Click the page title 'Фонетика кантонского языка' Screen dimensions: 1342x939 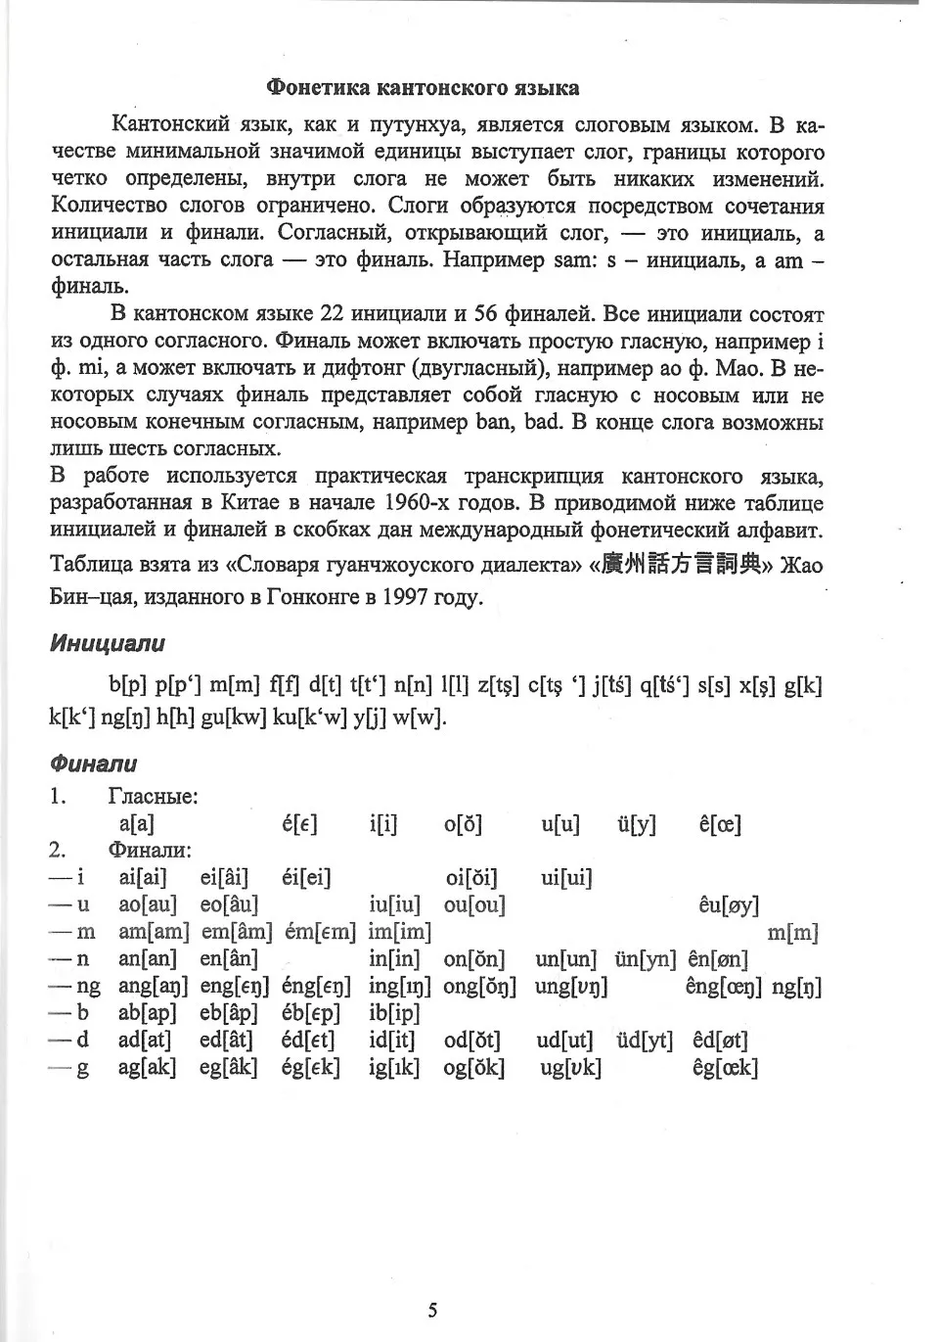coord(423,88)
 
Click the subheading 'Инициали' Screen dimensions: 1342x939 coord(107,644)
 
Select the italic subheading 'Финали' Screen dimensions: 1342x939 coord(93,764)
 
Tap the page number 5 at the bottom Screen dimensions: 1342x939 coord(432,1311)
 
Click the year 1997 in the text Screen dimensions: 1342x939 coord(405,595)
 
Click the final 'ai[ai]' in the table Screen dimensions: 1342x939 coord(143,878)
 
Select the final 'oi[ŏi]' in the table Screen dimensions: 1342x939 coord(470,878)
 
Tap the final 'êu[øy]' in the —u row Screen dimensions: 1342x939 coord(729,905)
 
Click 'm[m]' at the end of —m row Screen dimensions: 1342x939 coord(792,933)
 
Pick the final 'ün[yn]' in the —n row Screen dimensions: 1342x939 coord(646,959)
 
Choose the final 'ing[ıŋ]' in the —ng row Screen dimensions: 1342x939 coord(400,987)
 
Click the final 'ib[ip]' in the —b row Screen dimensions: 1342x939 coord(394,1013)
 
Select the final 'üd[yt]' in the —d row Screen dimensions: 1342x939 coord(645,1041)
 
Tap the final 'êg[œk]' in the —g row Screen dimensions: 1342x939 coord(725,1068)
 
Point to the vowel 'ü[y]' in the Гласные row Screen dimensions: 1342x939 coord(637,824)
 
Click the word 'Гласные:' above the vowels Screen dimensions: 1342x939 coord(153,797)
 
